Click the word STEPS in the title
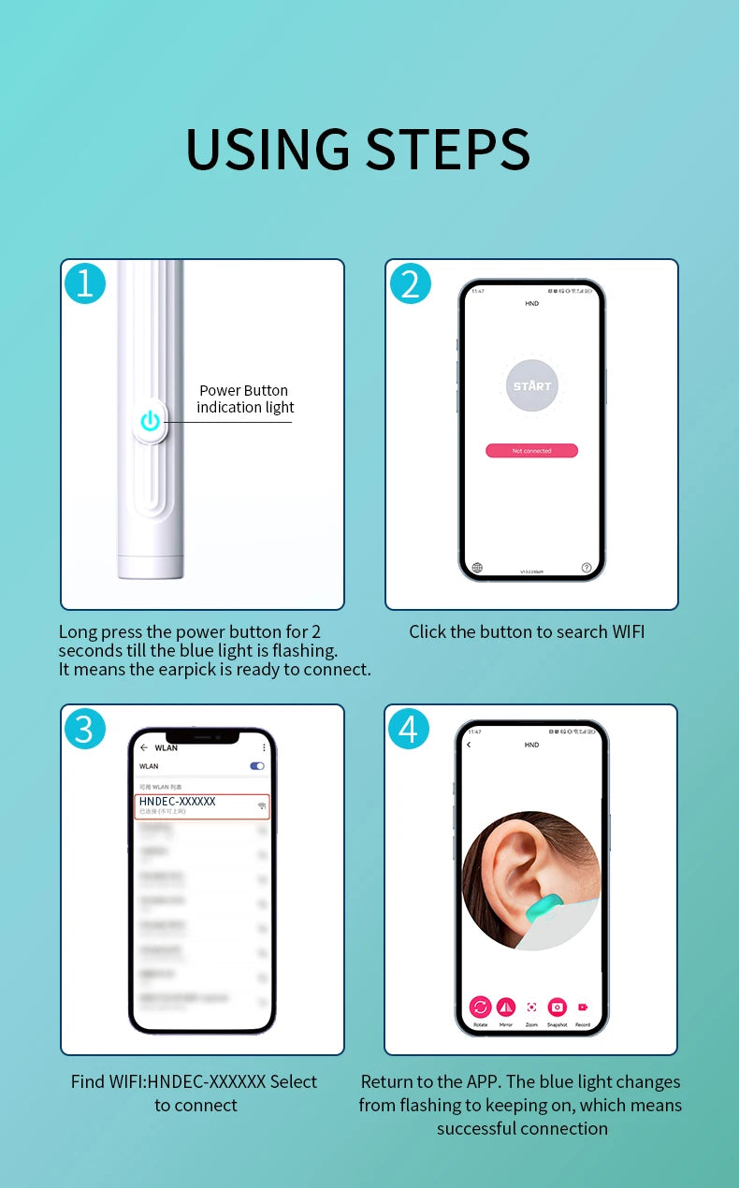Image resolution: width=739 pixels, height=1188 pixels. point(448,149)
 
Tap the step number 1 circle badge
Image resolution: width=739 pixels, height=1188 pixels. point(85,283)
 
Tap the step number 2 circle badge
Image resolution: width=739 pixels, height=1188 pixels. point(410,283)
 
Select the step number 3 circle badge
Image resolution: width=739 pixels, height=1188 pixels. point(85,729)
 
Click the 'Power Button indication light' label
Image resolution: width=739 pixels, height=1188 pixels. point(244,398)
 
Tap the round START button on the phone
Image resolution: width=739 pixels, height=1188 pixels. point(531,385)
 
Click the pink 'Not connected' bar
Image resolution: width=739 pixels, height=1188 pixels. point(531,451)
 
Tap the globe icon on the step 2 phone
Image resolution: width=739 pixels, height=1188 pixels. point(477,567)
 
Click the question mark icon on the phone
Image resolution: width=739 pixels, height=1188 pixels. point(587,567)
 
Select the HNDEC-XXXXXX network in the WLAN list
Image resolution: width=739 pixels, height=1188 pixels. point(202,805)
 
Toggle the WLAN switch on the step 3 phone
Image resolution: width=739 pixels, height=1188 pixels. point(257,766)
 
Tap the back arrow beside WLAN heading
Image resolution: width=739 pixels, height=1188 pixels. point(144,747)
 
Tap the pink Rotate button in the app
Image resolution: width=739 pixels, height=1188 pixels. point(480,1007)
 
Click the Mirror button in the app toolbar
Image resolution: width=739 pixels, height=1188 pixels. point(506,1007)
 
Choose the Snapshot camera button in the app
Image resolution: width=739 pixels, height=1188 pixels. point(558,1007)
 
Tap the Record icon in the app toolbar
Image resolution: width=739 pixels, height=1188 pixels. point(583,1007)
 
